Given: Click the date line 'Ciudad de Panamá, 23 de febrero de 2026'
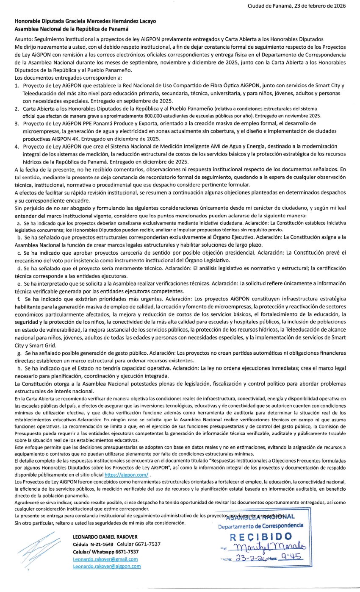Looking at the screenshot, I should pos(296,6).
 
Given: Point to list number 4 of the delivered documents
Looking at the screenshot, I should pos(17,146).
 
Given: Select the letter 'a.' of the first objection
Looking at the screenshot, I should pos(19,222).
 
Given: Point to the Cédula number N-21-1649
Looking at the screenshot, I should pos(102,544).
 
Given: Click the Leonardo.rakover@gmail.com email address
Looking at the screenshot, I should pos(105,559).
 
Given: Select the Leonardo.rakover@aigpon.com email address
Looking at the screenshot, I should pos(107,566).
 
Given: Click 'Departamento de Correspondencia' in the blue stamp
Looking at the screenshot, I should pos(260,526).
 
